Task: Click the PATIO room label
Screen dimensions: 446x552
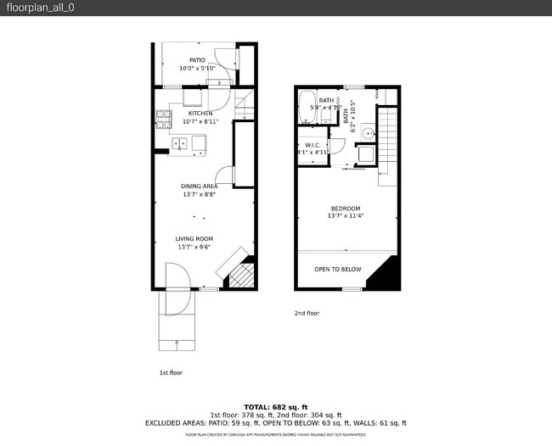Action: tap(198, 60)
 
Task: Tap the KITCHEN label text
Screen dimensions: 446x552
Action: tap(200, 113)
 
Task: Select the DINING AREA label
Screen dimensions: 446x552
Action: tap(199, 186)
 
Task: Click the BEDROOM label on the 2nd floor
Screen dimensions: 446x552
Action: tap(346, 209)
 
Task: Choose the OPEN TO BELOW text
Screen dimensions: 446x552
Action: tap(338, 270)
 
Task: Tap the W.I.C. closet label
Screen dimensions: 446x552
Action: tap(313, 145)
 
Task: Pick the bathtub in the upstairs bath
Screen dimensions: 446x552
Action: tap(307, 107)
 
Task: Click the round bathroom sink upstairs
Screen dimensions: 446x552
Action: tap(366, 132)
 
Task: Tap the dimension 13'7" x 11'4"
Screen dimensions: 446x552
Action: tap(346, 216)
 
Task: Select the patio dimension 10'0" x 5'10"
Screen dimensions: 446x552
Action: tap(198, 69)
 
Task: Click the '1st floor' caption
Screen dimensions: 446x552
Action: tap(171, 372)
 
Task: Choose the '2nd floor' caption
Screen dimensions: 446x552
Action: tap(307, 313)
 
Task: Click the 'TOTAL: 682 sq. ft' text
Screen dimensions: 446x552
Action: tap(276, 407)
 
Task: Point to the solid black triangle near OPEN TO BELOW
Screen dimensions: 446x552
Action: tap(386, 276)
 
